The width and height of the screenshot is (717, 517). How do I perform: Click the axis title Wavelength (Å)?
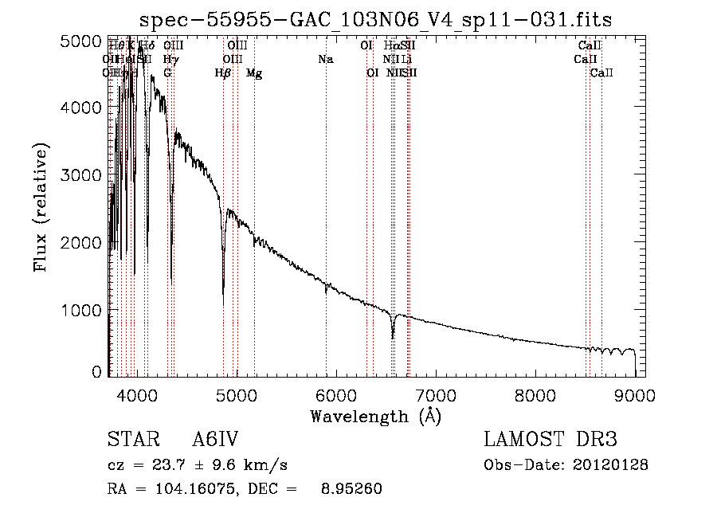coord(375,415)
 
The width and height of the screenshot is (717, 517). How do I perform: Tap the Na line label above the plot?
coord(325,59)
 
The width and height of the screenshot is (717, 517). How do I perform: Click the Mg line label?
coord(254,73)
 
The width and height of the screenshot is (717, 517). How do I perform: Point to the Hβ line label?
coord(223,73)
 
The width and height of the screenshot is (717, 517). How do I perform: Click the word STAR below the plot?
coord(132,440)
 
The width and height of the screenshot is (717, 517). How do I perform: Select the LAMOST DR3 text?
coord(550,440)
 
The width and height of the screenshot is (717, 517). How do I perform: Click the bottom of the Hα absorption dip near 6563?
coord(393,338)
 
